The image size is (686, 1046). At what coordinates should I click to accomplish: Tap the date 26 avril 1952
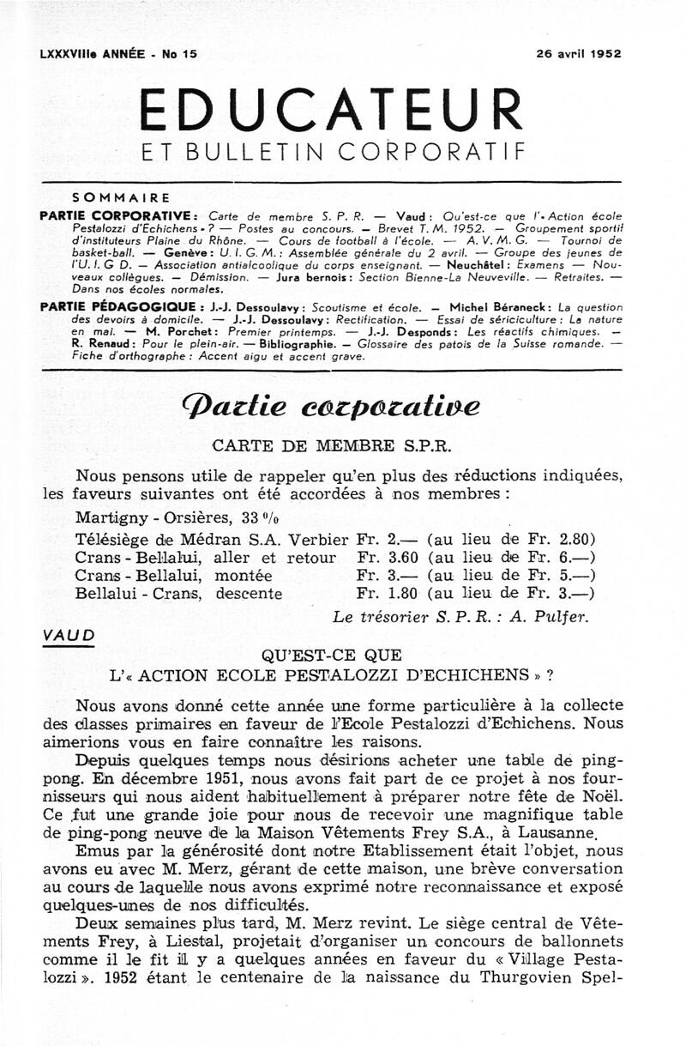coord(579,53)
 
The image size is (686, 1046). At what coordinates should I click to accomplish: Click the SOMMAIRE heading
coord(122,197)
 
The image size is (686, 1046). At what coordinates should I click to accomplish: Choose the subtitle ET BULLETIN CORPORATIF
coord(333,154)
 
